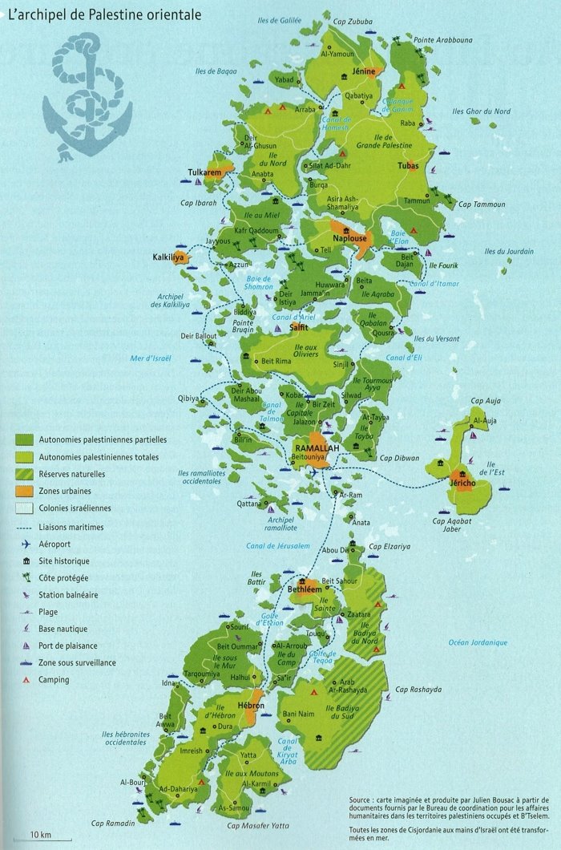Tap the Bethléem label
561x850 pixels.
[x=305, y=589]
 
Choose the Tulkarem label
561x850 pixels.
[x=204, y=172]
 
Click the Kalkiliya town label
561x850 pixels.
[x=169, y=257]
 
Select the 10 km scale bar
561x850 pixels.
[x=40, y=834]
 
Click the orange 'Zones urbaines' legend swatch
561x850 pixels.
[x=29, y=491]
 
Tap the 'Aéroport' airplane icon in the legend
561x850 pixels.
[x=27, y=544]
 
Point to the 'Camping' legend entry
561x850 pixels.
[x=53, y=680]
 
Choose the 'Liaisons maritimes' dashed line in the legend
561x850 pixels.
[x=29, y=527]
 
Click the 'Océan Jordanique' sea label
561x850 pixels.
[x=478, y=642]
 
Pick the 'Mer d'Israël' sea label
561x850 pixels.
[x=151, y=358]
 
